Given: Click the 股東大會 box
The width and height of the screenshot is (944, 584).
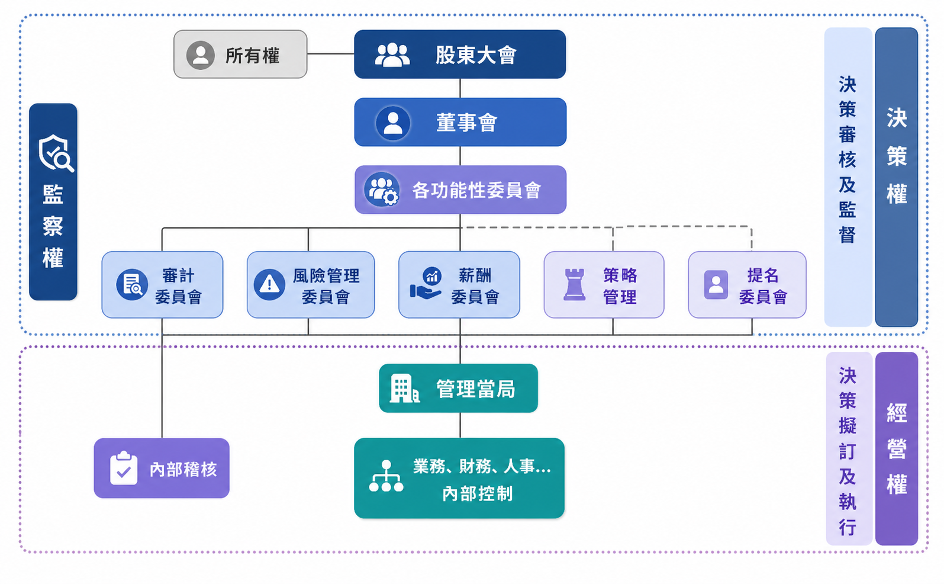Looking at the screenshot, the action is (x=460, y=54).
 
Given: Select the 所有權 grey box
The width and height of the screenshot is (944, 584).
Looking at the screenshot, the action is (x=240, y=54).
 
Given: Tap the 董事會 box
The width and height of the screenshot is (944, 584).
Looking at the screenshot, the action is (x=460, y=122).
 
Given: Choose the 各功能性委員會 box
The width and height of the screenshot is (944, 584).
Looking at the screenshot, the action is (x=460, y=190).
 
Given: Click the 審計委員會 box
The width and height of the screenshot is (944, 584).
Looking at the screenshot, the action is (x=162, y=285).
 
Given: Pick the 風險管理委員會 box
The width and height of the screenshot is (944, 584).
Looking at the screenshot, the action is (x=311, y=285).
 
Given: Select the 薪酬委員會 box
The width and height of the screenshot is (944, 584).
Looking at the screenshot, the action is (x=459, y=285).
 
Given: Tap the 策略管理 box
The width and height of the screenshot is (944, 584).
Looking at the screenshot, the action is (x=604, y=285).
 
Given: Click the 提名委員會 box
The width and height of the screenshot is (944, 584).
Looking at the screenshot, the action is (x=747, y=285).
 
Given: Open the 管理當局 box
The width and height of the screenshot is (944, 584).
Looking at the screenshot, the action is (x=459, y=389).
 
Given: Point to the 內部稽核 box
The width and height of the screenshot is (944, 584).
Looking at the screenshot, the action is (x=162, y=468).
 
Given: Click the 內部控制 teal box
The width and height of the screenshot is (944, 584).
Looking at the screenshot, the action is (x=459, y=478).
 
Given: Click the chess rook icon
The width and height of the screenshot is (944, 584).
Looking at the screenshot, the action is (x=575, y=285).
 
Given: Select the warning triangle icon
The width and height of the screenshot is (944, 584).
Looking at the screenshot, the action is (x=270, y=284).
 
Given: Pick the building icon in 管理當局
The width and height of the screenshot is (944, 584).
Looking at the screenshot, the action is (x=404, y=389).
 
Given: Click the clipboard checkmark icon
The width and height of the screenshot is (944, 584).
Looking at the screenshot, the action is (x=124, y=468).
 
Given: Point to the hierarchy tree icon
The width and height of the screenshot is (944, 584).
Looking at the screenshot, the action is (x=386, y=476).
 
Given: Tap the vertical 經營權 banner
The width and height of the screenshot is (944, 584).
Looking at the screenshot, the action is (x=897, y=448).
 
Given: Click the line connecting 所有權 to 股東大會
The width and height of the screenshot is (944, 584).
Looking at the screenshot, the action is (x=331, y=54).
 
